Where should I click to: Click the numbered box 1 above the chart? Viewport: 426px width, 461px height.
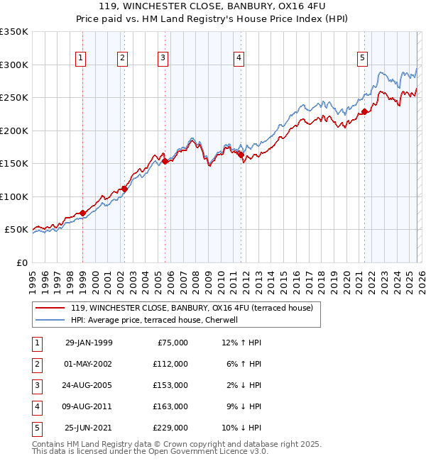81,58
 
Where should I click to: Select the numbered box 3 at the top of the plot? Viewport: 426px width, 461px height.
163,58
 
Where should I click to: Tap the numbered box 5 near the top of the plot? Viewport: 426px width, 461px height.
363,58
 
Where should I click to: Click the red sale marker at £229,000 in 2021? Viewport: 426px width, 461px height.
364,111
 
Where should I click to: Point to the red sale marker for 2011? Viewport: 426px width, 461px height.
241,155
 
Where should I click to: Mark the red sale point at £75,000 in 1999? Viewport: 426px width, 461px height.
82,213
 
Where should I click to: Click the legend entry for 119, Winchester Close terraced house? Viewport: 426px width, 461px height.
187,308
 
